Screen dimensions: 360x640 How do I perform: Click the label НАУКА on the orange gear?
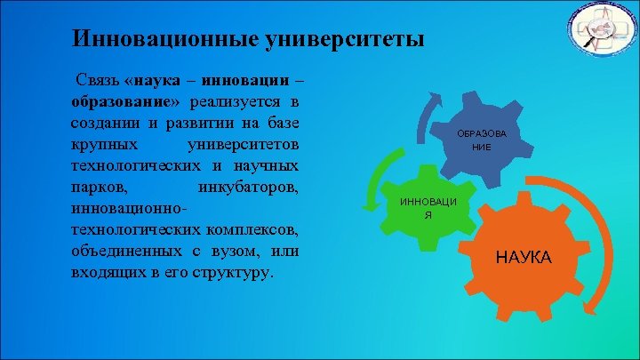(524, 258)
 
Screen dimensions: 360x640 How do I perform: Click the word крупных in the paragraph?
(99, 144)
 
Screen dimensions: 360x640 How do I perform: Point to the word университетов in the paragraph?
(244, 144)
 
